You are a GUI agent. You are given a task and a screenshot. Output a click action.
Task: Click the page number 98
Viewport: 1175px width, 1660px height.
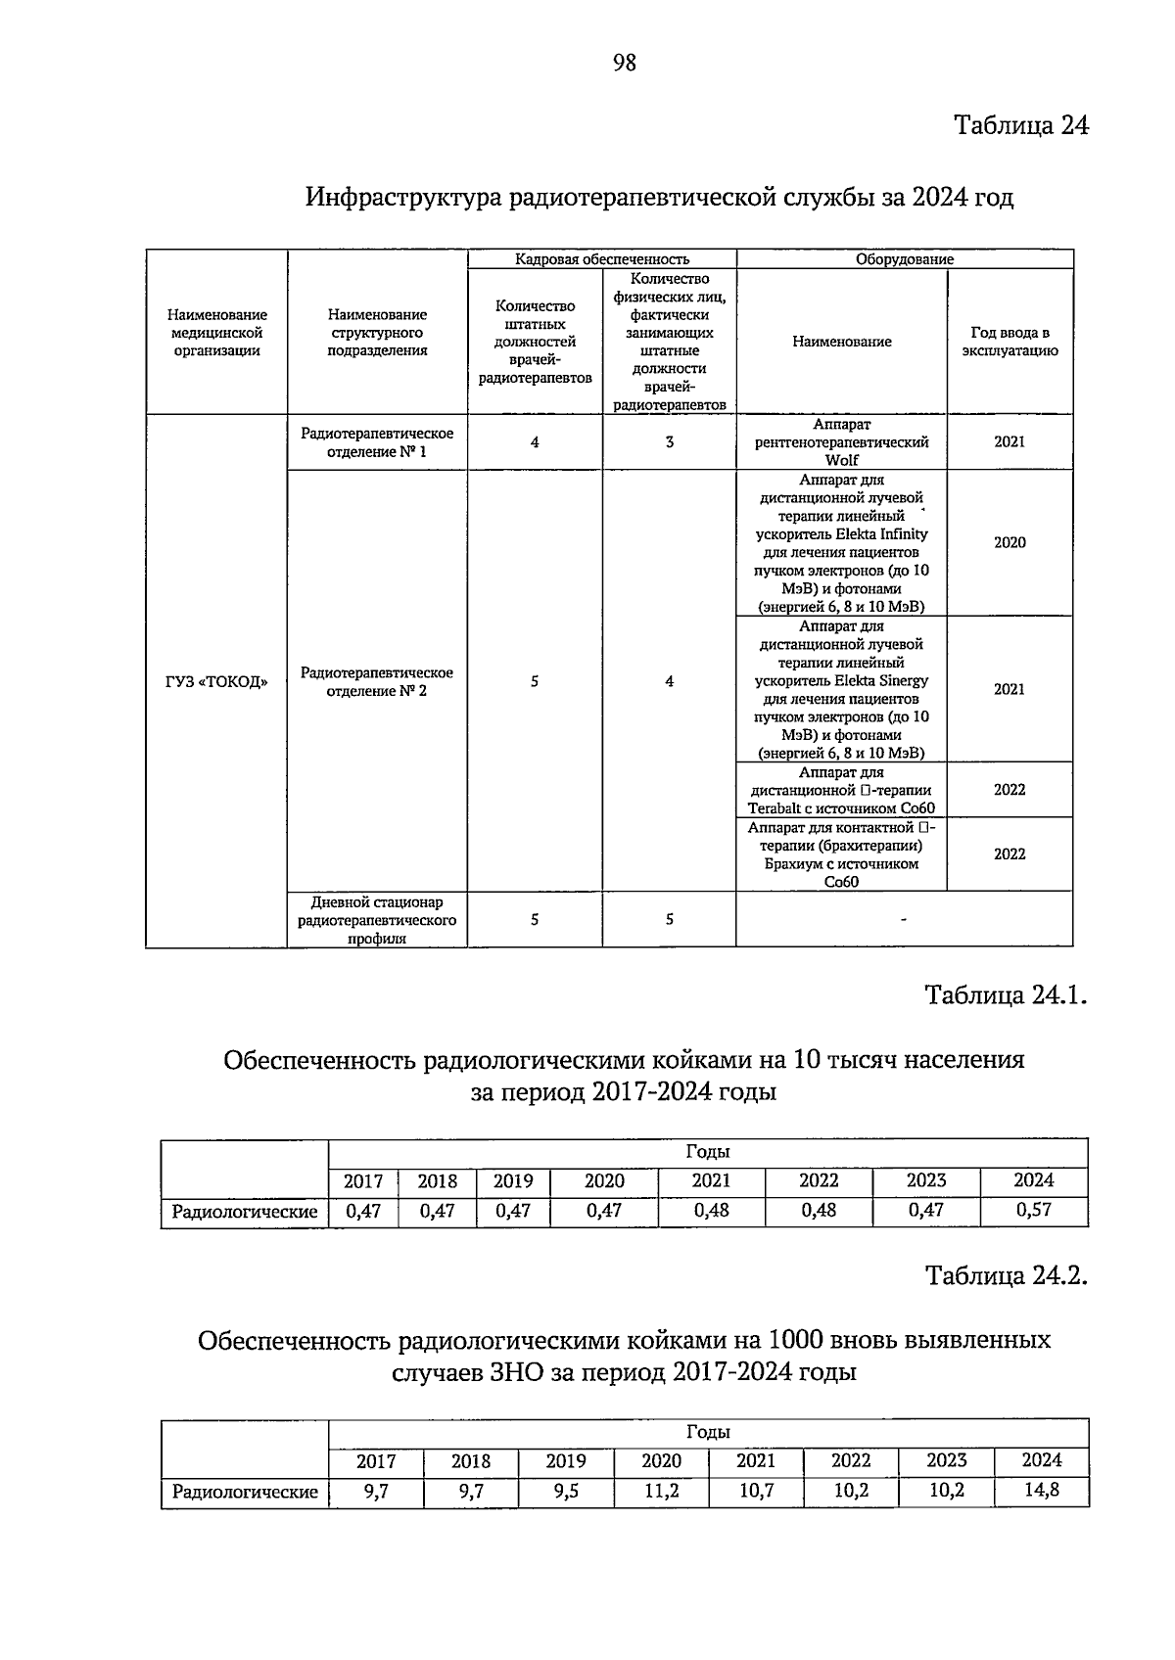624,63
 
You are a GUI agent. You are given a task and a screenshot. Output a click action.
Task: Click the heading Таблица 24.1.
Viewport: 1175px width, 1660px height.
1007,995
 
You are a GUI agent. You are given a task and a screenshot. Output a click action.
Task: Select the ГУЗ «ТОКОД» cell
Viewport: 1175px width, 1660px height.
216,681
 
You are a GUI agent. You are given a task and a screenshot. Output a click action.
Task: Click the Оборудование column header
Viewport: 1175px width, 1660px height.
905,259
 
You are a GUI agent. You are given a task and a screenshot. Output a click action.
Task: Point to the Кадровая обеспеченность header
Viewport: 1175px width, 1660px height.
602,259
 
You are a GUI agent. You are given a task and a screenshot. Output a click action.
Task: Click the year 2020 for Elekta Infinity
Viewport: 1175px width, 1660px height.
1010,542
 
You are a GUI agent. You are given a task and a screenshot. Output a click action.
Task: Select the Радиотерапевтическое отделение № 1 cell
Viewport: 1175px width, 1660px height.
377,442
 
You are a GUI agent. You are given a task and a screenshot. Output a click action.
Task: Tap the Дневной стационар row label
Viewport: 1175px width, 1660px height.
377,919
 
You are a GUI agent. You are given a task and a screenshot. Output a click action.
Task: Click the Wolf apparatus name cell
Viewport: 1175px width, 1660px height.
841,442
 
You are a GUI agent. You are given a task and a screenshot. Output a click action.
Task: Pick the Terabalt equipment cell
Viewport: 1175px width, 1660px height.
841,790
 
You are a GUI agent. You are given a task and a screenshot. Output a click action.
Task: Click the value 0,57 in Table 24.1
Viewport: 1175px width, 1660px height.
1033,1210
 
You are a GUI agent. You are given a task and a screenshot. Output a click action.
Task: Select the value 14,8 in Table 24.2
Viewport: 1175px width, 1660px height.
1041,1492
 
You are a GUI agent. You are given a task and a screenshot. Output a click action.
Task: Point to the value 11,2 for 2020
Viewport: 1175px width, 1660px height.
661,1492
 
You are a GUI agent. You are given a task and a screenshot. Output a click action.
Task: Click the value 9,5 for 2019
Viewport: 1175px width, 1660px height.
566,1492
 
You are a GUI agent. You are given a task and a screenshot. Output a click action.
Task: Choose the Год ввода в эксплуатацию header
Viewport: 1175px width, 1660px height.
1010,342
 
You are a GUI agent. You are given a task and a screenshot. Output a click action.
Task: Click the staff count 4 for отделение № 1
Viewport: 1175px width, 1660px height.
535,442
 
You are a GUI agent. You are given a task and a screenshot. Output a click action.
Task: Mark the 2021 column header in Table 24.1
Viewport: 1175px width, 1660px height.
711,1181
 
